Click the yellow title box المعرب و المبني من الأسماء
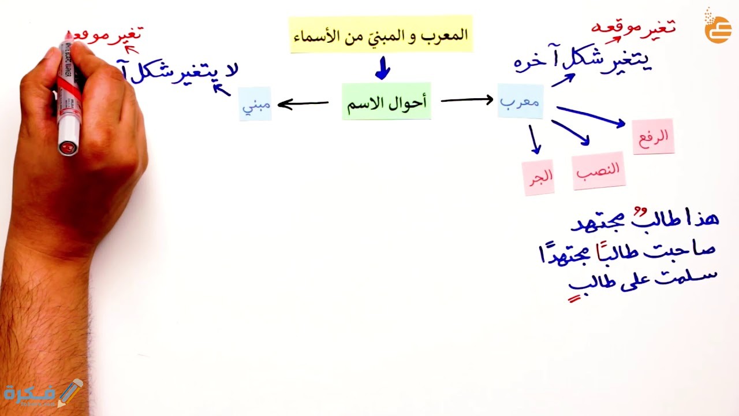click(x=381, y=35)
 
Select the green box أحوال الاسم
click(x=386, y=102)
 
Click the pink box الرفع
click(x=653, y=136)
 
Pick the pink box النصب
click(x=599, y=170)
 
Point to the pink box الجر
click(x=538, y=176)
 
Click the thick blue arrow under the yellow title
click(x=382, y=68)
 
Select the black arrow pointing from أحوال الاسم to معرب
click(x=466, y=101)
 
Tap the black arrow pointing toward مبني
click(x=303, y=104)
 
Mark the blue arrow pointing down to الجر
click(x=534, y=139)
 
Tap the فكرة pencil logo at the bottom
click(x=44, y=393)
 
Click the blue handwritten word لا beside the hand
click(x=230, y=69)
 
